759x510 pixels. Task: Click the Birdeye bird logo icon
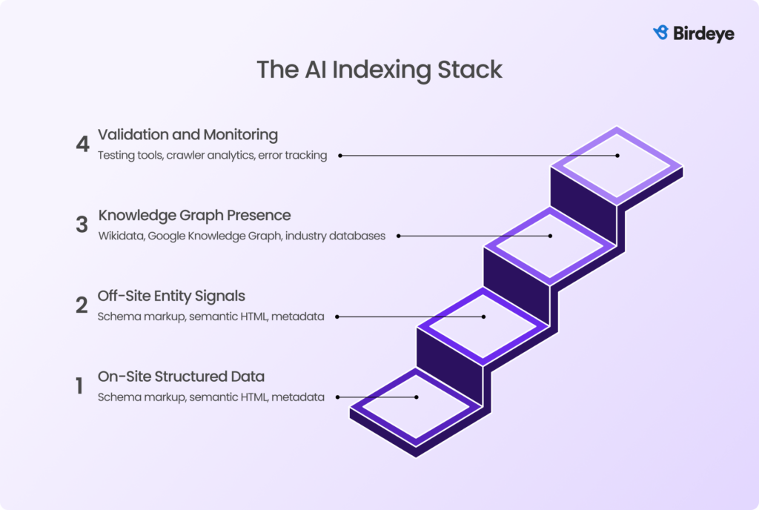point(660,33)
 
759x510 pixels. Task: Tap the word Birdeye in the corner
point(703,33)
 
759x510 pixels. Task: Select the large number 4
point(82,145)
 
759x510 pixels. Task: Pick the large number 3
point(82,225)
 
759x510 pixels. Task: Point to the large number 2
point(82,305)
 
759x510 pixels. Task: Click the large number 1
point(79,386)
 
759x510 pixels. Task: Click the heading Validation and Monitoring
point(188,135)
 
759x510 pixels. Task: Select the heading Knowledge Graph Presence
point(194,216)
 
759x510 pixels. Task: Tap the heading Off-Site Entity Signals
point(171,296)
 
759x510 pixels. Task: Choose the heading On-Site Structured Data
point(181,377)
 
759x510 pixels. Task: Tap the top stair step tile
point(617,162)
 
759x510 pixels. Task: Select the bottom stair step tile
point(415,405)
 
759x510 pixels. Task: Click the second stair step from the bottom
point(483,324)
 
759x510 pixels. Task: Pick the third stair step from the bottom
point(550,244)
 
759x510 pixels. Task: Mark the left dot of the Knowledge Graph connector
point(398,236)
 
